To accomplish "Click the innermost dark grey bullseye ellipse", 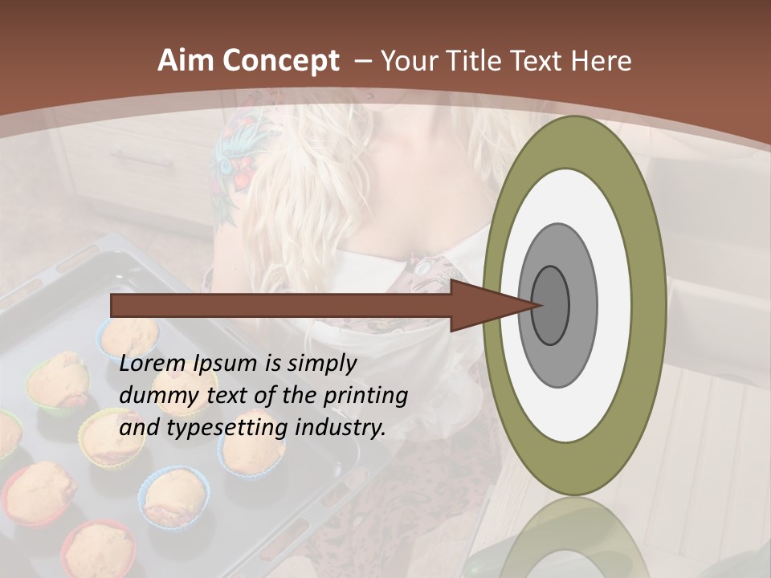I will point(550,306).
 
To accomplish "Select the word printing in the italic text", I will point(365,397).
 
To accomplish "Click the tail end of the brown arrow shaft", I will point(115,305).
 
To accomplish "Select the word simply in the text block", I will point(321,364).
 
